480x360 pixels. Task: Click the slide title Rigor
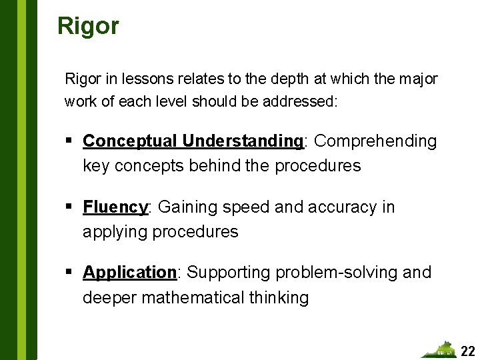point(88,26)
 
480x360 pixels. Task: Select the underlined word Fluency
point(115,207)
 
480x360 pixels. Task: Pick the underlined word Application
point(129,273)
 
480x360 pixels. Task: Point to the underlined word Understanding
point(243,141)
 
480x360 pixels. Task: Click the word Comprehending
point(375,141)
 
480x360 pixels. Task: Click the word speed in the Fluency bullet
point(249,207)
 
